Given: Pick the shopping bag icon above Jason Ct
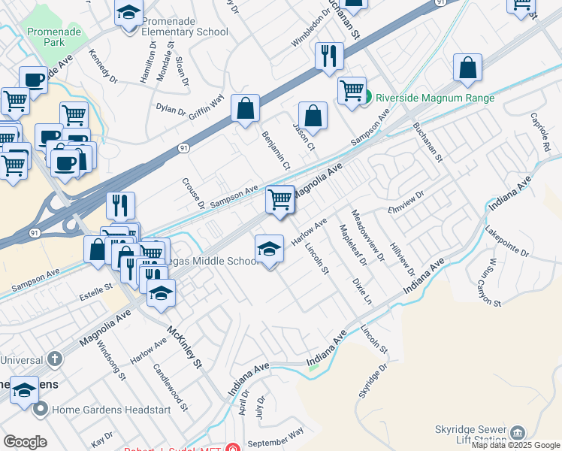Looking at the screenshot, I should pyautogui.click(x=313, y=116).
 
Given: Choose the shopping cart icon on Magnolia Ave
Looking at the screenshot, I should pyautogui.click(x=279, y=199).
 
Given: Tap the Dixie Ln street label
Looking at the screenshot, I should pyautogui.click(x=361, y=290).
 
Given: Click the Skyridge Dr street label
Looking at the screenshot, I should pyautogui.click(x=373, y=381).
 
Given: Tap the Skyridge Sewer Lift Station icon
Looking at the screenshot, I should pyautogui.click(x=518, y=433).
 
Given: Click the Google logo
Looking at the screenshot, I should pyautogui.click(x=25, y=442).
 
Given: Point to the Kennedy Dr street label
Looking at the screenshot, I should pyautogui.click(x=103, y=68).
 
